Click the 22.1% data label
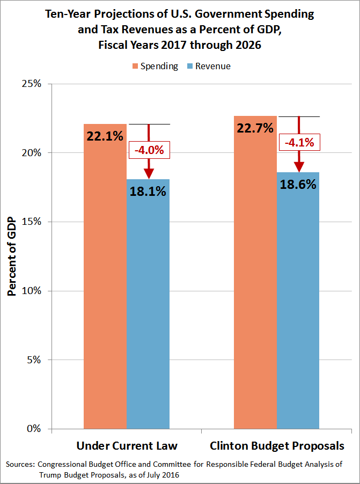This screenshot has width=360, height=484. click(105, 136)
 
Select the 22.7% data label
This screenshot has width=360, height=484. click(255, 128)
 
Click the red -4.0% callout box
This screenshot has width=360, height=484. click(149, 150)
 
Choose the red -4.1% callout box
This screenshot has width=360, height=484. click(299, 143)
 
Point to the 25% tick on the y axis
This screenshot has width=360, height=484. click(31, 84)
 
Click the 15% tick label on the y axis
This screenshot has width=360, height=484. click(31, 222)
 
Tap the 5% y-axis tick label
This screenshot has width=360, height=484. click(33, 360)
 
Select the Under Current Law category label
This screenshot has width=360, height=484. click(127, 446)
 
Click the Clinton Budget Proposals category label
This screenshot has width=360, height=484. click(277, 446)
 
